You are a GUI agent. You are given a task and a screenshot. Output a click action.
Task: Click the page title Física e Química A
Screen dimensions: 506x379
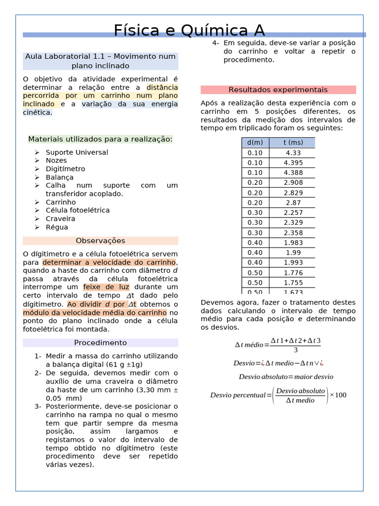[189, 30]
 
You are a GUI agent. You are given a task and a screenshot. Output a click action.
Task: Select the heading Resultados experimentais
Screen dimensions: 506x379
[278, 90]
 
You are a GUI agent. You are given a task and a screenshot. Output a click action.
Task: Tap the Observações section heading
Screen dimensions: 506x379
[100, 241]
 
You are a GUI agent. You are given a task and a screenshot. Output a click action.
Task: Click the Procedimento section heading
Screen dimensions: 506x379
[100, 342]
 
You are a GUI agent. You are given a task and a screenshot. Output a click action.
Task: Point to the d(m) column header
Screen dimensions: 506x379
[255, 143]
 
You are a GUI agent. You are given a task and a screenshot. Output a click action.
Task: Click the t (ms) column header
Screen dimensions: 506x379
[293, 143]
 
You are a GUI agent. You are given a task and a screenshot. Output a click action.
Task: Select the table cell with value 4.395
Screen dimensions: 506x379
[293, 163]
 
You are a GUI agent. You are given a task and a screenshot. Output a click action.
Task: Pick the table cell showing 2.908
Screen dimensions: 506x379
[293, 183]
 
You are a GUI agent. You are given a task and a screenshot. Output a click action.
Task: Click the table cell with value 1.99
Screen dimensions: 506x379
[293, 253]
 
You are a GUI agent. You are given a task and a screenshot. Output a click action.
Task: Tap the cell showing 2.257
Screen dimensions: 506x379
[293, 212]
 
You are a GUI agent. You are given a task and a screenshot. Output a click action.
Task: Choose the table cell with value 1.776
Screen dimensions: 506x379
[293, 273]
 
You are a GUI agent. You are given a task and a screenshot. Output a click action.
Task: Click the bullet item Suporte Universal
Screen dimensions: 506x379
[76, 152]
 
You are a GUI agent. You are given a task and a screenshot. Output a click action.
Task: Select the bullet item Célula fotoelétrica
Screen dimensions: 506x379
[77, 210]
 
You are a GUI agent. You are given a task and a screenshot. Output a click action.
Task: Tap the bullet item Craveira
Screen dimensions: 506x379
[60, 218]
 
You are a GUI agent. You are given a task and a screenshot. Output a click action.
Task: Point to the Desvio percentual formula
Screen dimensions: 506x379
[278, 395]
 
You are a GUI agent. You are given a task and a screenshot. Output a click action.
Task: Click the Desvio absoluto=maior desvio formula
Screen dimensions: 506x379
[286, 377]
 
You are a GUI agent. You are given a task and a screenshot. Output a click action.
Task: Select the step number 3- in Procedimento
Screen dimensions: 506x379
[38, 406]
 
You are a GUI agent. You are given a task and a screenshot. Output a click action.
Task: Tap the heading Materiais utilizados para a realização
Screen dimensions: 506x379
[100, 139]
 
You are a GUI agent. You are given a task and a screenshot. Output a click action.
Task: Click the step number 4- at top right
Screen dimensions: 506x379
[216, 43]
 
